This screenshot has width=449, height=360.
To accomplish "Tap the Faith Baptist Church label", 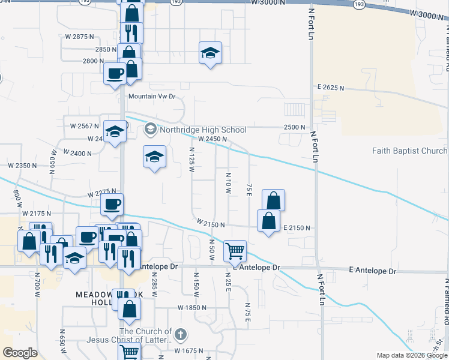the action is click(409, 151).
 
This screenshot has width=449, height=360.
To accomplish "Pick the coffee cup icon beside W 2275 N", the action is click(112, 204).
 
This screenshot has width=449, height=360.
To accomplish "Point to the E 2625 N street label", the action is click(331, 88).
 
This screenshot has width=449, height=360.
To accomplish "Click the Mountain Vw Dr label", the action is click(151, 96).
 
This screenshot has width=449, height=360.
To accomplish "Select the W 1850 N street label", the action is click(192, 307).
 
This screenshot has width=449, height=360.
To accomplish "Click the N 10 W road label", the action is click(229, 183).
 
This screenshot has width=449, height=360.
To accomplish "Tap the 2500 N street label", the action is click(295, 127).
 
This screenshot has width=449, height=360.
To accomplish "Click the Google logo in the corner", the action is click(20, 353).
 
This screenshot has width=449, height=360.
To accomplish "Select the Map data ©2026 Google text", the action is click(412, 355).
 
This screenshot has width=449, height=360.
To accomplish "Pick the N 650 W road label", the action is click(62, 340).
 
